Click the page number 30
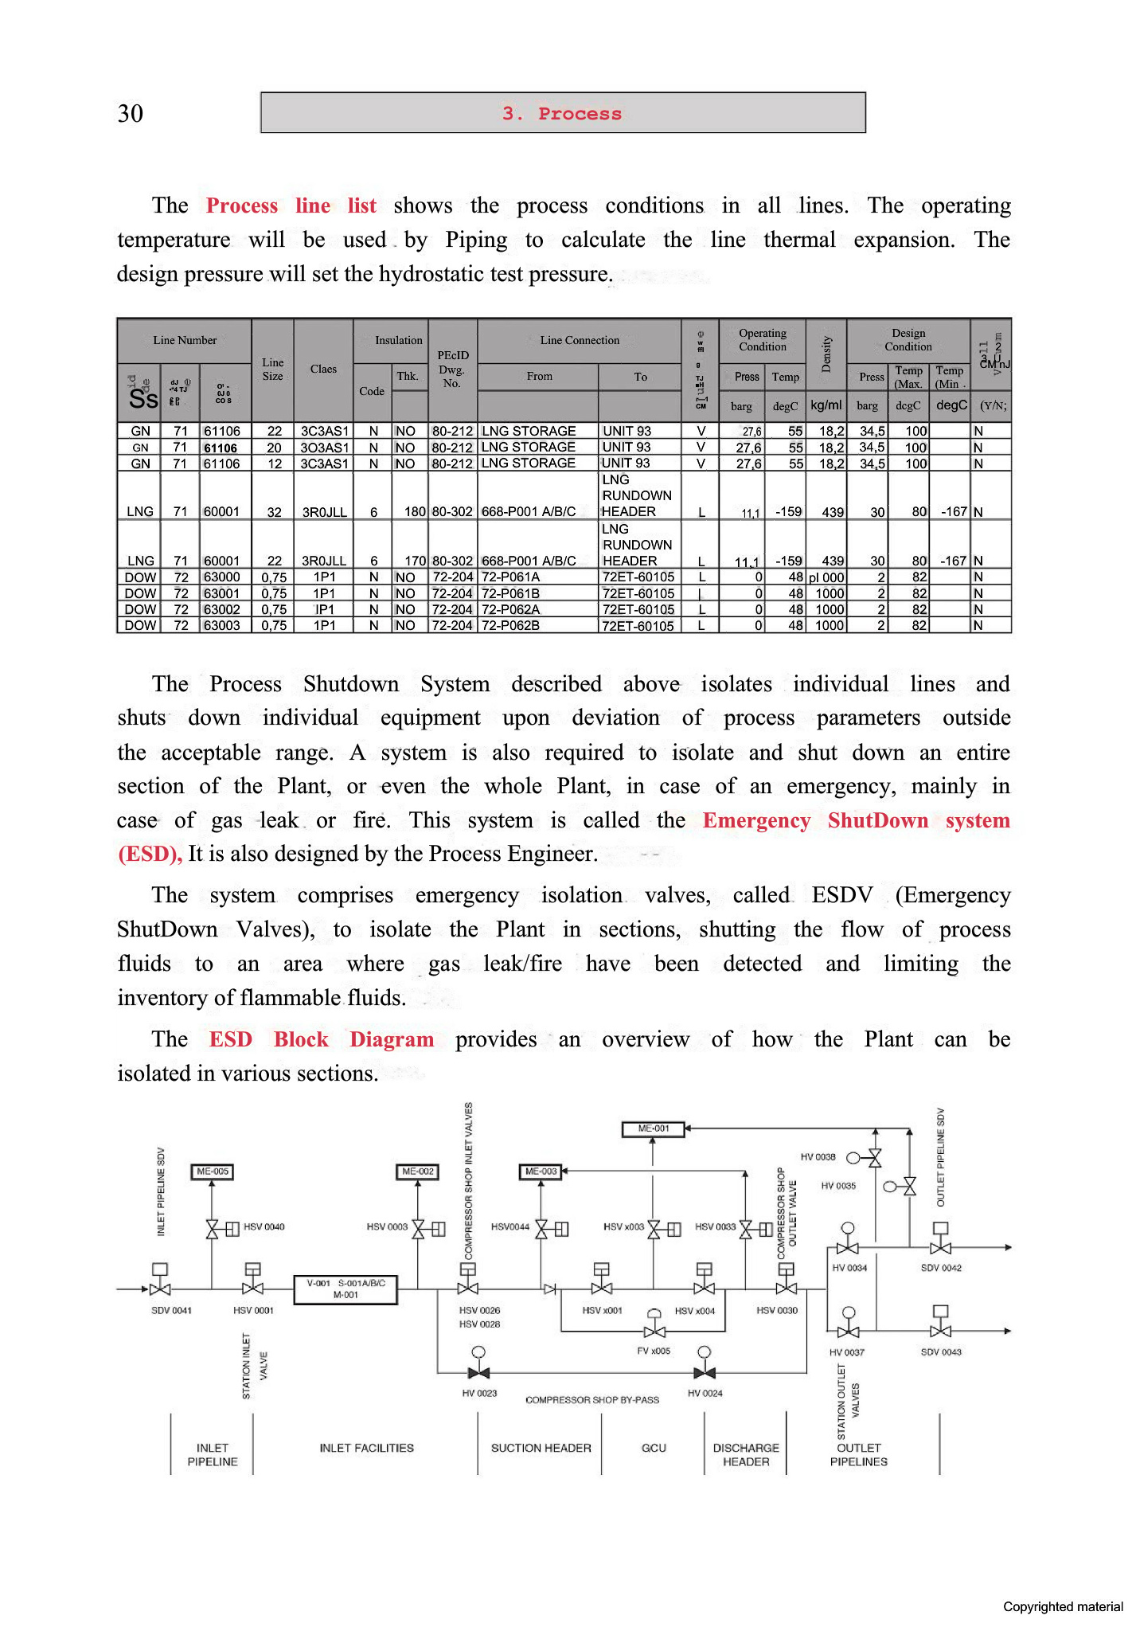[x=131, y=113]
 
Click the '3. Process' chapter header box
[x=563, y=113]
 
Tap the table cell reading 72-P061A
[x=511, y=577]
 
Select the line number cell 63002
[x=222, y=609]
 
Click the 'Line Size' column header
[x=272, y=369]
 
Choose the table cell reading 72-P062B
[x=511, y=625]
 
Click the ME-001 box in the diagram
[x=653, y=1128]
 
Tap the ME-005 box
[x=213, y=1171]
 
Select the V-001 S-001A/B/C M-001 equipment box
[x=345, y=1289]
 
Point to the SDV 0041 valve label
[x=171, y=1310]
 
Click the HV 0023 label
[x=479, y=1393]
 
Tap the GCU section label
[x=654, y=1448]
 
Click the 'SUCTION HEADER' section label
[x=541, y=1448]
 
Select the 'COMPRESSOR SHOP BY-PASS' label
[x=592, y=1399]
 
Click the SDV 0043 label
[x=940, y=1351]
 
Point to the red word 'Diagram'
[x=392, y=1039]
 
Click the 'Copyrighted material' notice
[x=1062, y=1606]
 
